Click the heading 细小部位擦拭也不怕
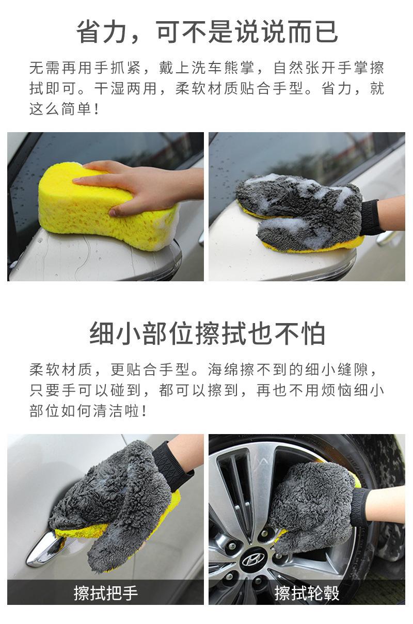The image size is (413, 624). (x=207, y=333)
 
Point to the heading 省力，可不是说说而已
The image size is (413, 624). (x=207, y=32)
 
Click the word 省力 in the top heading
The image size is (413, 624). (x=101, y=32)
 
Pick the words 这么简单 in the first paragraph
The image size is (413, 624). (x=61, y=109)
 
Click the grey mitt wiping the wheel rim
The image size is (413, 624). (x=312, y=510)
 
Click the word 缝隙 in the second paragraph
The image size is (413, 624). (x=354, y=370)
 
